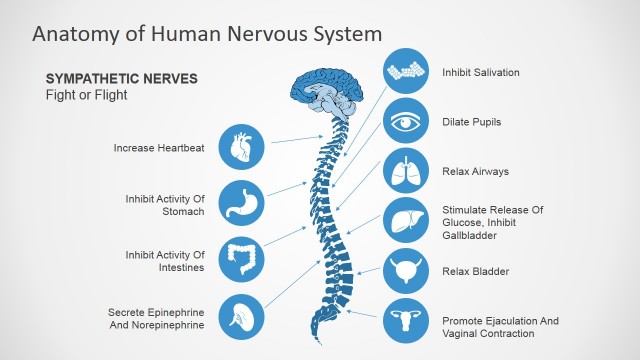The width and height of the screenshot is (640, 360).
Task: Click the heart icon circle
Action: [242, 147]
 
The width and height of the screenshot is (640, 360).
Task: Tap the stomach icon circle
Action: [242, 204]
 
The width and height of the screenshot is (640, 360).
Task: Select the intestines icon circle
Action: [242, 260]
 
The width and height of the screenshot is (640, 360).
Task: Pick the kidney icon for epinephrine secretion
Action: [242, 317]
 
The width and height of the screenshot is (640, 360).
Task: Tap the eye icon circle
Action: [407, 122]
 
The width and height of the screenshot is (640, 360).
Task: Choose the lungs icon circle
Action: [407, 171]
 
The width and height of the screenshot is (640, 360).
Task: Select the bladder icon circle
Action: [407, 271]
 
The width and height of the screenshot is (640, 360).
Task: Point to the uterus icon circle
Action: [407, 320]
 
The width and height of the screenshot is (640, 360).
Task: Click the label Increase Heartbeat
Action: [159, 148]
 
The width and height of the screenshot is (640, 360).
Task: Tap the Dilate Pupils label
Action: [472, 122]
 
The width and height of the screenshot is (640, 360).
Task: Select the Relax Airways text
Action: [475, 171]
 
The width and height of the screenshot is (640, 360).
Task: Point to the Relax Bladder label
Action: [475, 271]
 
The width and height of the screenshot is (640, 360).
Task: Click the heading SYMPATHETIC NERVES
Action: [122, 78]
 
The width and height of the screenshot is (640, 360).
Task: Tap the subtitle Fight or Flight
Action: [86, 95]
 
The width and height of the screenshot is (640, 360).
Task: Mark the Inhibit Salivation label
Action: [481, 73]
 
